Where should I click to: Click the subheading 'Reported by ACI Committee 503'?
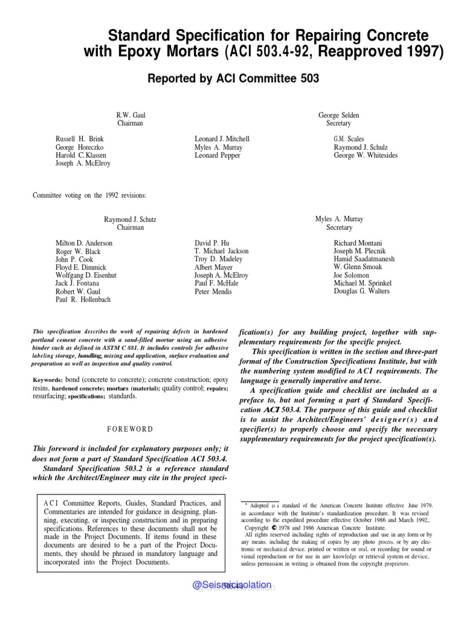233,79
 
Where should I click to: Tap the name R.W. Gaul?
130,115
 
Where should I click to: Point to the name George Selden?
338,115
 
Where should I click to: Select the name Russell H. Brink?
80,139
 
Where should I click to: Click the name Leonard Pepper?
217,155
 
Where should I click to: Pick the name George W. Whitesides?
366,155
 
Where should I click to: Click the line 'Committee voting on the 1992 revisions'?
89,195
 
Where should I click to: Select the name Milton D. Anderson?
84,243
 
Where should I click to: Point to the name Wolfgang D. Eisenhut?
86,275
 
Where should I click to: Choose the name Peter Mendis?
214,291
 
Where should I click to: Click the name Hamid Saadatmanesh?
364,259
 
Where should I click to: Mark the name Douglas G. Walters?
362,291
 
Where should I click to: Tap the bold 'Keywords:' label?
48,380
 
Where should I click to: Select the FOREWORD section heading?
130,429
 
